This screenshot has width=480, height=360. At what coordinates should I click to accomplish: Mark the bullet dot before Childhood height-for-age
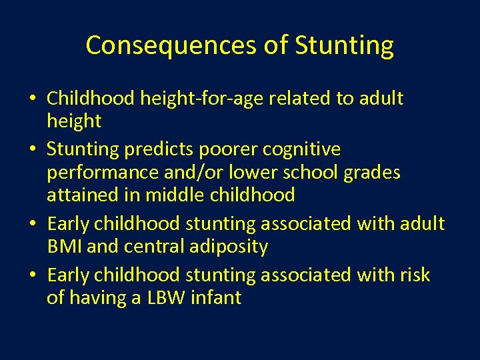point(33,99)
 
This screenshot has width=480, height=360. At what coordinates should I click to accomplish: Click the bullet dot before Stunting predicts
point(33,149)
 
